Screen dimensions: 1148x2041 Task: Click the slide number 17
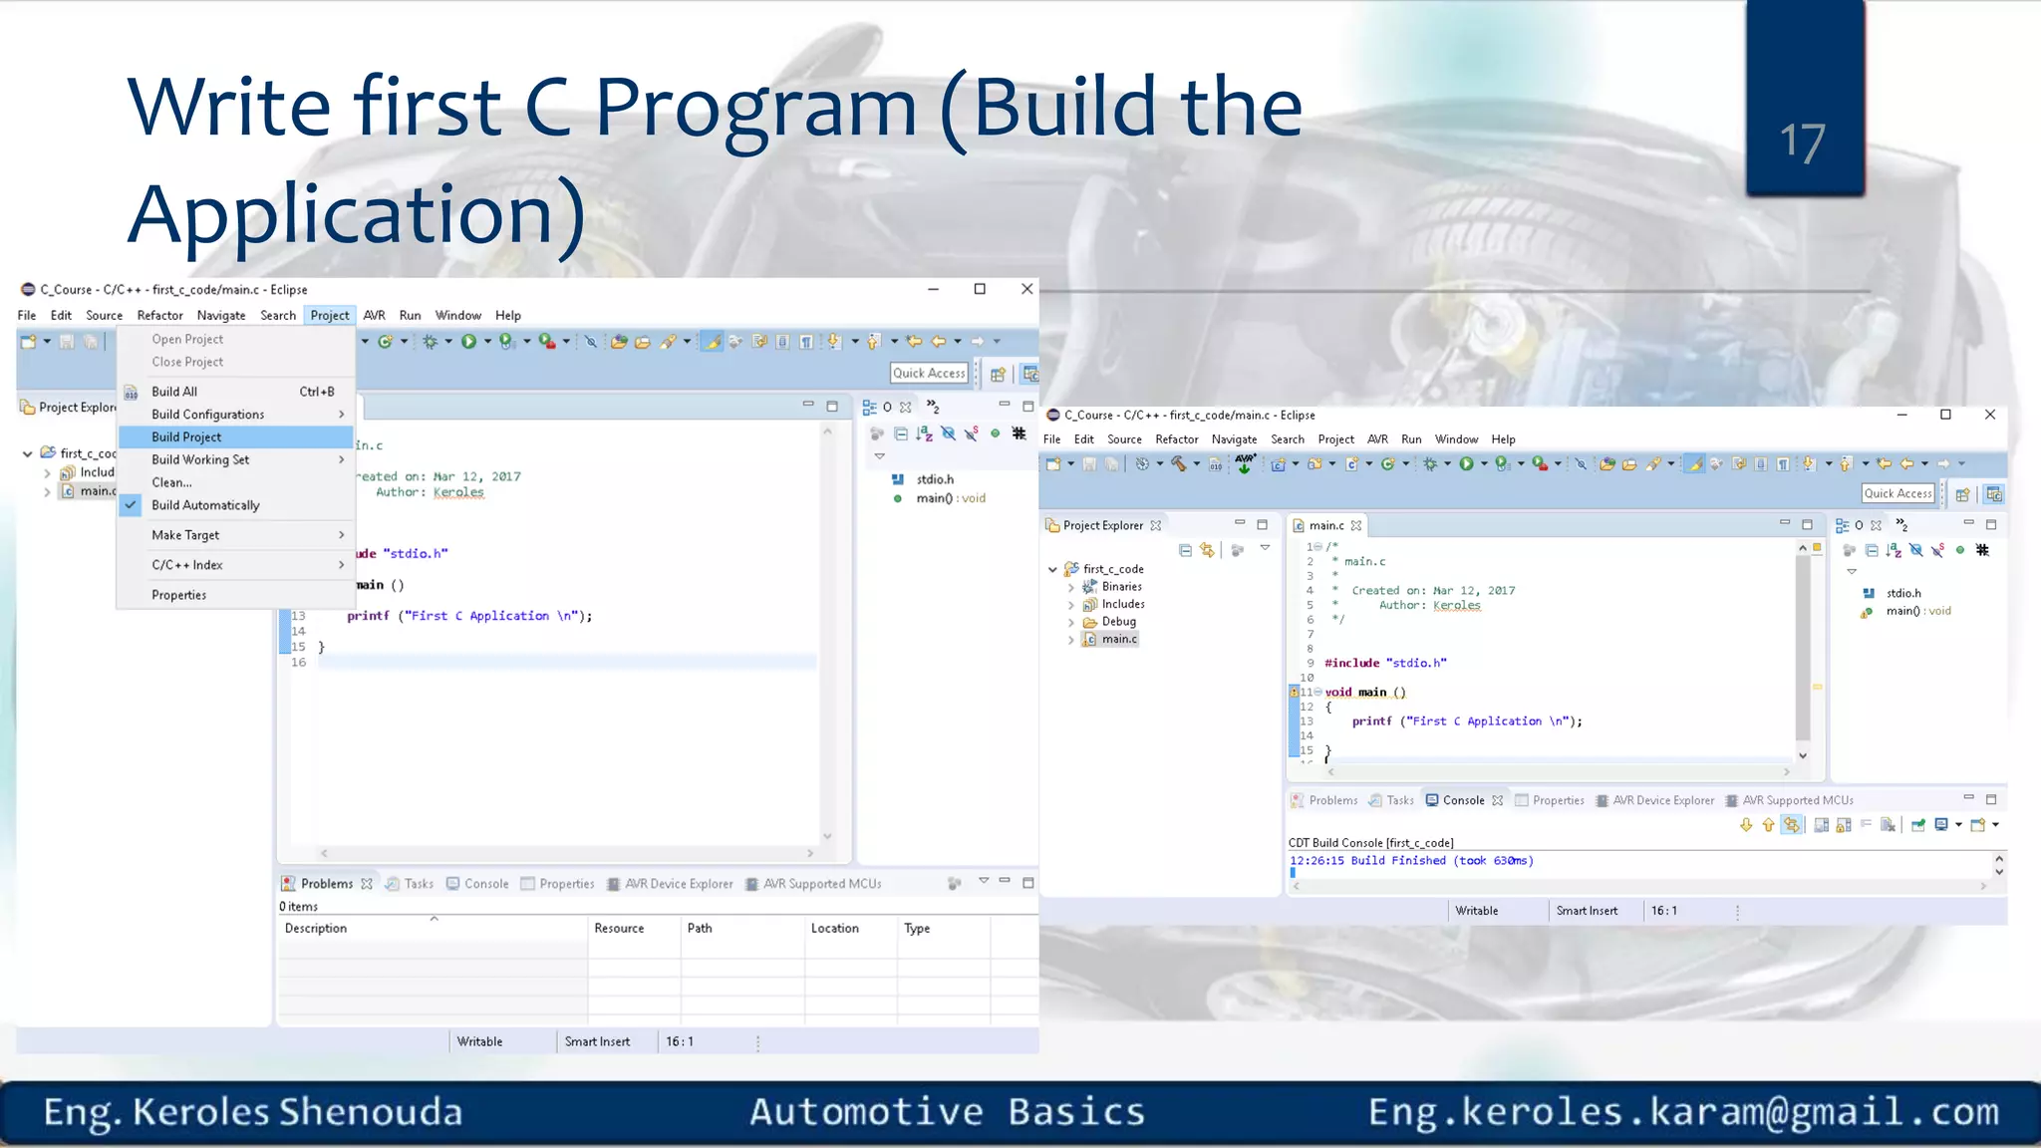pos(1803,142)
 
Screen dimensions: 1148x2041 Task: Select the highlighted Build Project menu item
pos(186,436)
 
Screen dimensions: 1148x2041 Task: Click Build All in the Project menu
pos(174,392)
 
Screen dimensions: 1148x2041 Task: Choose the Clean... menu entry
pos(171,482)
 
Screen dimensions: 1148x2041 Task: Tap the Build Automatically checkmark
pos(131,505)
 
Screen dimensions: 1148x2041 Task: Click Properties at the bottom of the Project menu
pos(179,595)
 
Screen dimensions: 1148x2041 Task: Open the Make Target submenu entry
pos(185,535)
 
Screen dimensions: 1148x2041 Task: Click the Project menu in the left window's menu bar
pos(329,315)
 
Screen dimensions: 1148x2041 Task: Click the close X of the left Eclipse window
pos(1026,289)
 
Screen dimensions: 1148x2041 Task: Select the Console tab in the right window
pos(1463,800)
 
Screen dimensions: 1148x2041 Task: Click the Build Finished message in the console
pos(1411,861)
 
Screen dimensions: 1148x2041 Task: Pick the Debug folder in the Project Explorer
pos(1118,622)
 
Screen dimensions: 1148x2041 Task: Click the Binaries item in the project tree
pos(1121,587)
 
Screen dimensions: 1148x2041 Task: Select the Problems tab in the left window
pos(327,884)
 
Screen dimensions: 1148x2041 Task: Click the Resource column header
pos(619,928)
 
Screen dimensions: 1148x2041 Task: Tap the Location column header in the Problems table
pos(834,928)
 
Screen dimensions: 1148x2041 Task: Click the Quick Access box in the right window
pos(1897,493)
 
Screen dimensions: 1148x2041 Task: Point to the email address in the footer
pos(1683,1111)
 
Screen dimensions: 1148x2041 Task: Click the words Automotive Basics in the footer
pos(947,1111)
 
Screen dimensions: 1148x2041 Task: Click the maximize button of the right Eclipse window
pos(1945,415)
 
